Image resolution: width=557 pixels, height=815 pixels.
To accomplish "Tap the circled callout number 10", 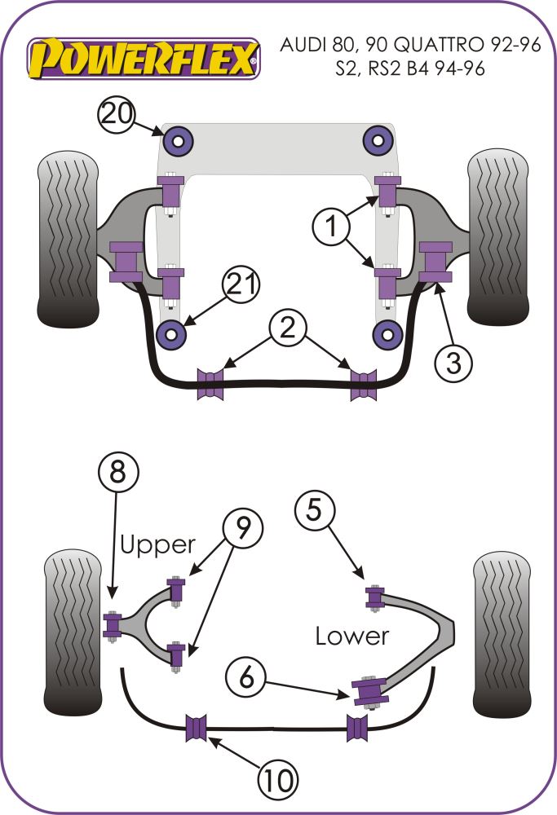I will tap(278, 781).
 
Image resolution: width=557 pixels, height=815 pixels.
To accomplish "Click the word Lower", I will tap(352, 635).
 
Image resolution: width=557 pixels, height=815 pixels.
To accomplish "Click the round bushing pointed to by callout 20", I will tap(178, 142).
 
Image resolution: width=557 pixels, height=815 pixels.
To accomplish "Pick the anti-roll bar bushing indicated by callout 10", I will tap(197, 727).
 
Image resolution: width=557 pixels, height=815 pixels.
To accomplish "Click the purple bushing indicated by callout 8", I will tap(113, 625).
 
